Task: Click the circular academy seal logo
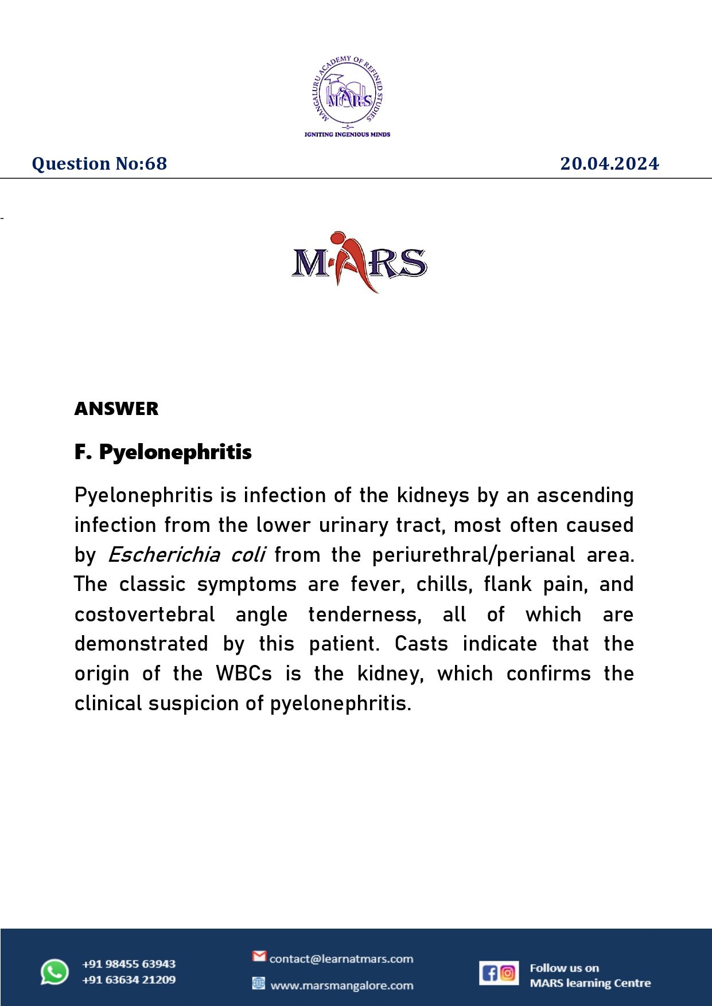(x=348, y=93)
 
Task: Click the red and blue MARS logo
(x=359, y=263)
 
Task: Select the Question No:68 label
(x=99, y=164)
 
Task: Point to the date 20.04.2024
(x=609, y=164)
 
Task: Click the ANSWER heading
(x=116, y=409)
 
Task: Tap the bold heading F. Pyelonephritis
(x=163, y=452)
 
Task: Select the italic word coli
(x=247, y=555)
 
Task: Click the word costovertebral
(x=145, y=614)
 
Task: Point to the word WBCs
(x=244, y=674)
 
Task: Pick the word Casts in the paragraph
(x=421, y=644)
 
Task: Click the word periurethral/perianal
(x=473, y=555)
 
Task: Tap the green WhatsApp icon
(x=55, y=972)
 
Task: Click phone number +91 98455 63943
(x=129, y=964)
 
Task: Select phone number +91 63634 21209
(x=129, y=980)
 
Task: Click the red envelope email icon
(x=259, y=956)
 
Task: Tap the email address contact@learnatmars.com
(x=341, y=959)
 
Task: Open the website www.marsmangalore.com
(x=342, y=986)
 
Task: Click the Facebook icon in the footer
(x=489, y=973)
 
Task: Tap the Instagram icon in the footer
(x=508, y=973)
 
